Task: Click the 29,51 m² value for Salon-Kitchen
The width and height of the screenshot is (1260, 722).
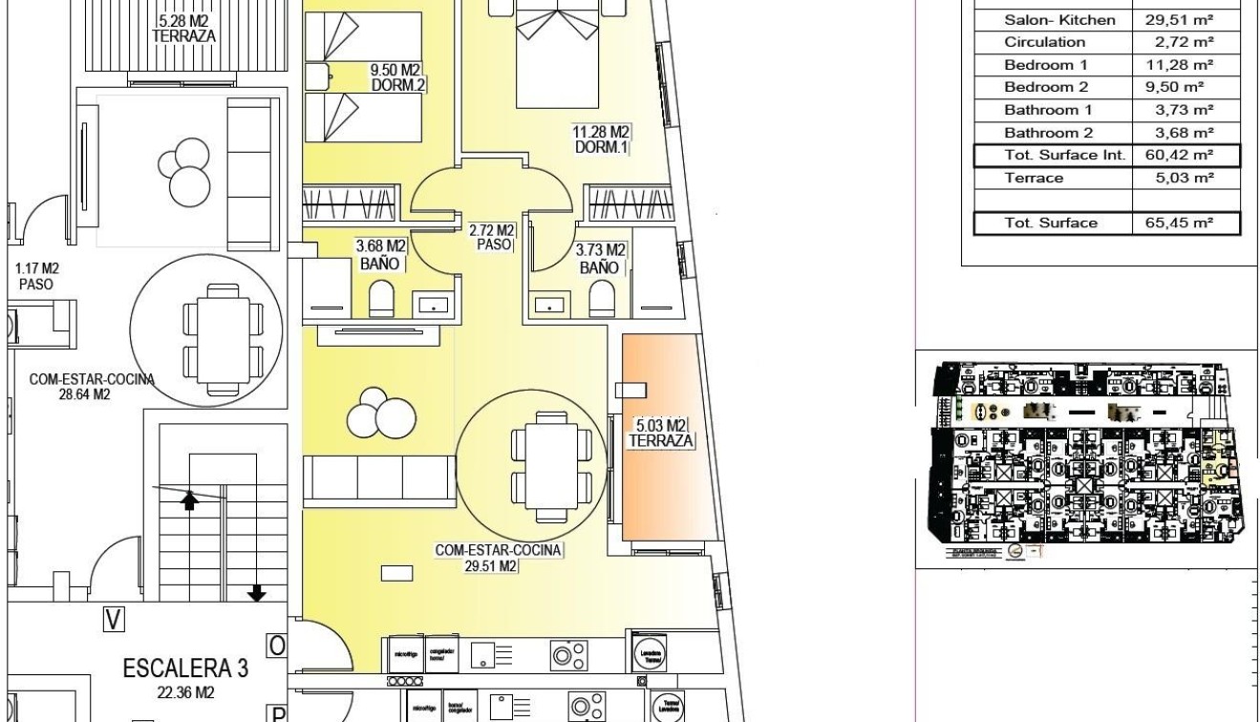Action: pyautogui.click(x=1185, y=19)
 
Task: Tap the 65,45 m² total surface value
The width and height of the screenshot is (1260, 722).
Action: pyautogui.click(x=1185, y=223)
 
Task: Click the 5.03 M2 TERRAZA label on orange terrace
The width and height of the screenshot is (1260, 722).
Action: pyautogui.click(x=659, y=433)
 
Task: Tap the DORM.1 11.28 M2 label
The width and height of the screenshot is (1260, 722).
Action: pyautogui.click(x=602, y=139)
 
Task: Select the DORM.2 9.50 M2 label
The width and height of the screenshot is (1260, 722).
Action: pyautogui.click(x=397, y=77)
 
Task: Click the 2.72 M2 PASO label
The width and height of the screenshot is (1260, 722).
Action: pyautogui.click(x=493, y=238)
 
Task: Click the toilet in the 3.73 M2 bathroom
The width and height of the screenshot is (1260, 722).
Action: pyautogui.click(x=602, y=300)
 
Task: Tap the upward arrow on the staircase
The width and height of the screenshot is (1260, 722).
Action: pyautogui.click(x=190, y=499)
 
